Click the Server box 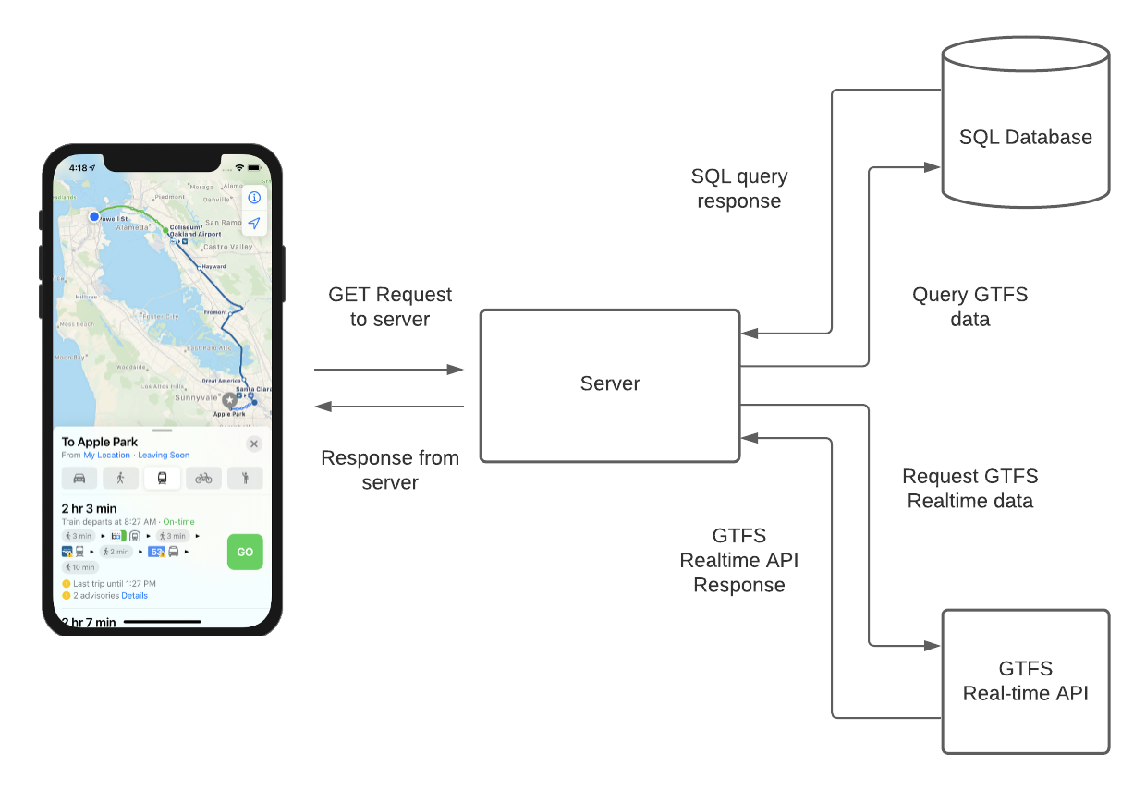pos(610,384)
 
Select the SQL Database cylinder pos(1025,137)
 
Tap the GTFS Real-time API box pos(1025,681)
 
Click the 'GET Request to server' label pos(390,307)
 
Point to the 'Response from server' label pos(390,470)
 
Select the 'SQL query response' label pos(739,188)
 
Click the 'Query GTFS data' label pos(969,307)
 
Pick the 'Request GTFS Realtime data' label pos(969,489)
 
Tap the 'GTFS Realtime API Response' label pos(739,560)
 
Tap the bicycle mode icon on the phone pos(204,478)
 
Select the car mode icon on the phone pos(79,478)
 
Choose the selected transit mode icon pos(163,478)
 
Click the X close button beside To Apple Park pos(254,444)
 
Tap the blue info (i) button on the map pos(254,198)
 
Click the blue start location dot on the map pos(94,216)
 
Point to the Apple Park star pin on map pos(229,399)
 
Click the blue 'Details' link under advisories pos(134,596)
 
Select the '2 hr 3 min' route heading pos(89,508)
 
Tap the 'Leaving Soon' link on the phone pos(164,456)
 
